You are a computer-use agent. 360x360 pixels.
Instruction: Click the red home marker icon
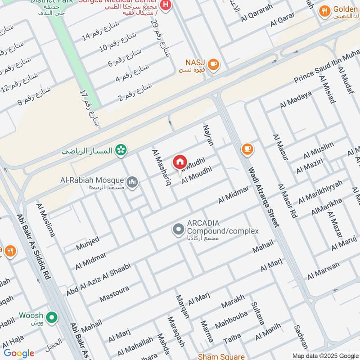pos(180,162)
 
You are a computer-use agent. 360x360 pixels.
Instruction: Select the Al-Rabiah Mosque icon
pos(132,182)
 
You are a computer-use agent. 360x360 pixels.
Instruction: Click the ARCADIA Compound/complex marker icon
pos(178,230)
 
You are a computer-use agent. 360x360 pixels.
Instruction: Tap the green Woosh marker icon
pos(53,318)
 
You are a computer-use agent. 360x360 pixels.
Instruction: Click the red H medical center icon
pos(166,6)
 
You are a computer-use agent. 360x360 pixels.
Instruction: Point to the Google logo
pos(19,353)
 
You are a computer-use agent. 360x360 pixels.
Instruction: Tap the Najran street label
pos(209,135)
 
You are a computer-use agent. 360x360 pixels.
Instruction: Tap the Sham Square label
pos(221,356)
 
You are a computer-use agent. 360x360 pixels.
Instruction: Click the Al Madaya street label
pos(296,99)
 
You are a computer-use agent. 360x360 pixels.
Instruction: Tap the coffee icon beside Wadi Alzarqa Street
pos(247,148)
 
